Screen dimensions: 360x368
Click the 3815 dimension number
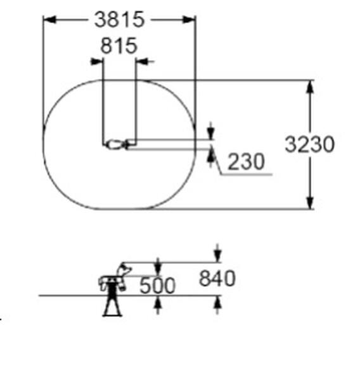tap(119, 20)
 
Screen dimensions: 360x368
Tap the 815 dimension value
tap(119, 46)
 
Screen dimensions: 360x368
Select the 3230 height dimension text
tap(309, 144)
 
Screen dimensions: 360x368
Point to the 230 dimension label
tap(246, 161)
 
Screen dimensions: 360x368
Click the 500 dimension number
tap(157, 286)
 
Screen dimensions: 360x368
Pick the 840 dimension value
tap(217, 278)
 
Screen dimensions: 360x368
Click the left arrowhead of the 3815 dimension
tap(49, 20)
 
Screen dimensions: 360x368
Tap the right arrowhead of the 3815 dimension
tap(189, 20)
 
